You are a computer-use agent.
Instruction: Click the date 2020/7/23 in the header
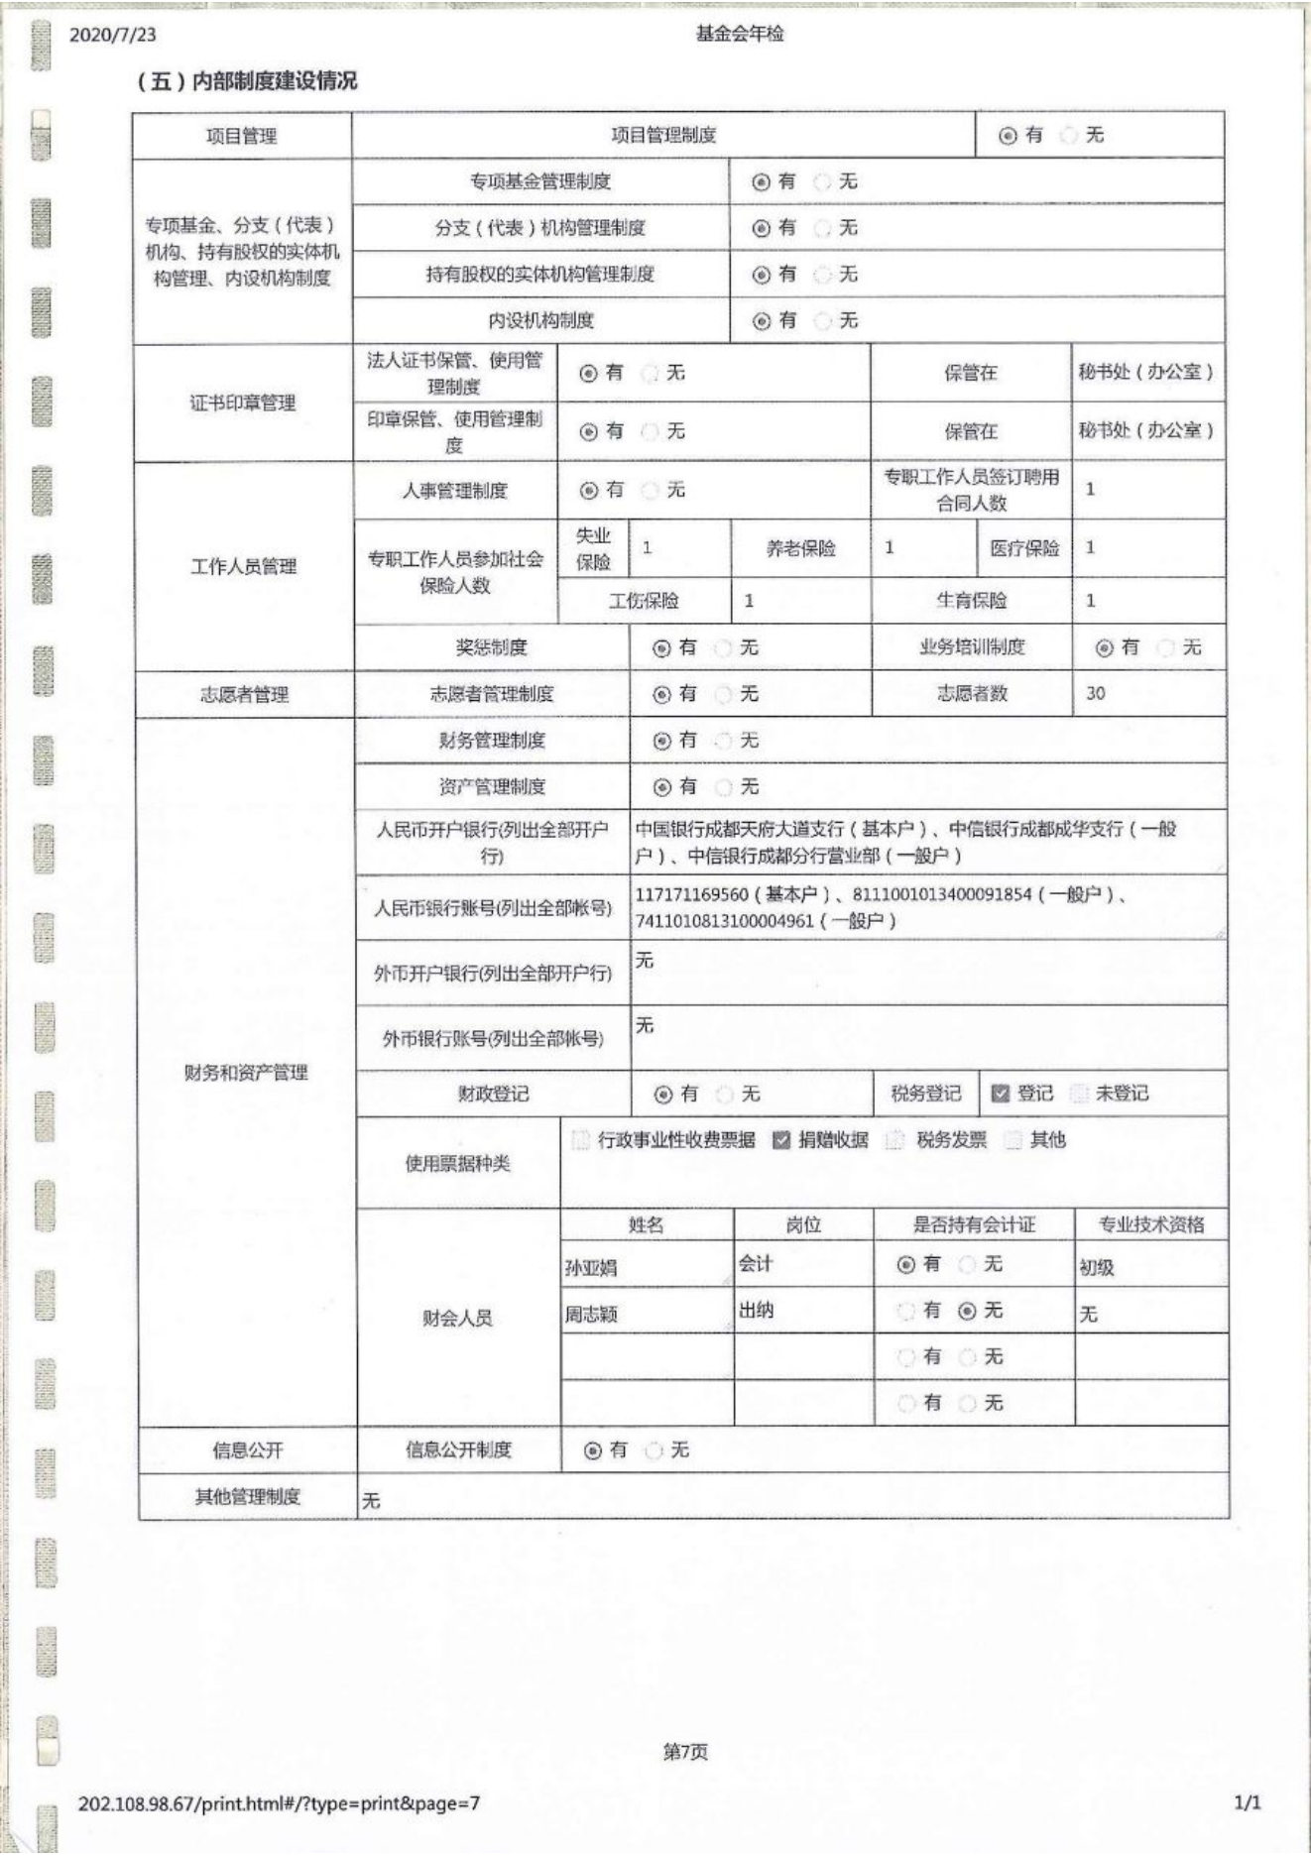click(112, 35)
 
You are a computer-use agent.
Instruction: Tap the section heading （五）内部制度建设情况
click(247, 81)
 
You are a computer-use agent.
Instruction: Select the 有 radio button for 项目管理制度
click(1008, 136)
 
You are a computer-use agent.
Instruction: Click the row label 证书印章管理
click(243, 403)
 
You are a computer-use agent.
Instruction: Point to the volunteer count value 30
click(1095, 694)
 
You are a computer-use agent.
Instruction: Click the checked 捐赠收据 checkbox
click(781, 1140)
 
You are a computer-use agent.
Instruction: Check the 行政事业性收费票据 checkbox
click(581, 1140)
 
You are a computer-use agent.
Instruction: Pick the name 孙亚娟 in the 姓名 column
click(591, 1268)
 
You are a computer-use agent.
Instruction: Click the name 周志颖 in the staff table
click(591, 1315)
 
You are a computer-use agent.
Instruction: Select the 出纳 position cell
click(756, 1311)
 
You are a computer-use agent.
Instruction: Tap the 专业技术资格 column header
click(1151, 1225)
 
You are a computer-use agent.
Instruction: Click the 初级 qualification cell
click(1096, 1268)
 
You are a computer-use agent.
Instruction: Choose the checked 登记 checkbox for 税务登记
click(1000, 1094)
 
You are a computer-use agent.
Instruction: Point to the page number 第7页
click(684, 1752)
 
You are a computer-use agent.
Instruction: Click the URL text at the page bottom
click(280, 1802)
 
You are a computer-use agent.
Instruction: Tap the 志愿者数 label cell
click(972, 694)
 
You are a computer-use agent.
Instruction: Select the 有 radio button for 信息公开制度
click(593, 1450)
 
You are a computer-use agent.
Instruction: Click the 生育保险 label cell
click(971, 601)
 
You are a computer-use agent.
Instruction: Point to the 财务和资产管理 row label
click(246, 1073)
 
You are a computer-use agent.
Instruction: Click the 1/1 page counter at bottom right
click(1247, 1802)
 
